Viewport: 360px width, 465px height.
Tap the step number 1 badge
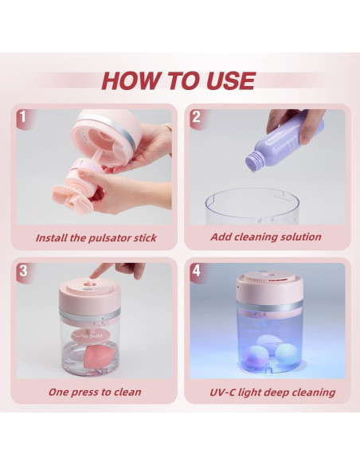(x=23, y=117)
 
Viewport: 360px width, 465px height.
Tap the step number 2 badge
(x=196, y=117)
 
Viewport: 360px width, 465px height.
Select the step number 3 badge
(x=23, y=271)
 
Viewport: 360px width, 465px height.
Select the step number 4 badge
(x=196, y=271)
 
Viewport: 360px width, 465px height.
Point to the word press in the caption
(x=84, y=393)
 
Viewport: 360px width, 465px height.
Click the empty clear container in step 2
(x=252, y=207)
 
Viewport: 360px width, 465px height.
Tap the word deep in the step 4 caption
(x=276, y=393)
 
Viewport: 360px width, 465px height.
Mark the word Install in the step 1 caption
(x=51, y=238)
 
